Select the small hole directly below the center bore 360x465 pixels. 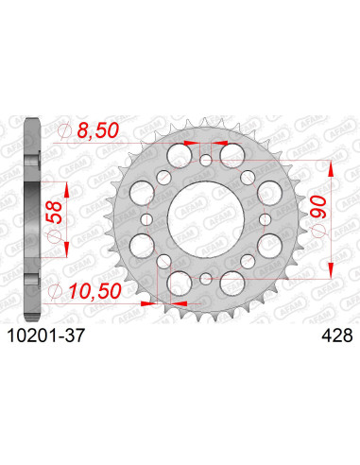(207, 277)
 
